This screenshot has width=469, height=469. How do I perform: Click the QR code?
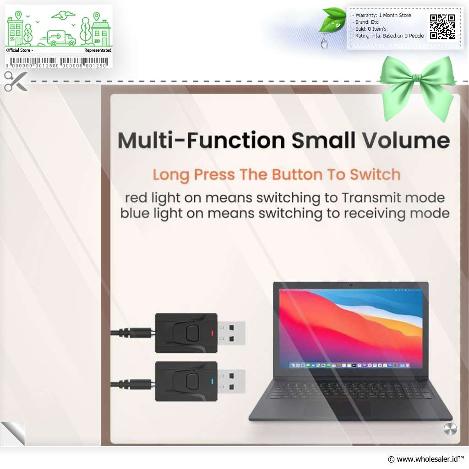click(442, 27)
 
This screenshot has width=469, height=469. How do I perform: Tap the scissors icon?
click(16, 81)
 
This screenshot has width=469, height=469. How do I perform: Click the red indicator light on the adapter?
click(213, 333)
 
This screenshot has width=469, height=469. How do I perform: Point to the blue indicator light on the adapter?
click(213, 382)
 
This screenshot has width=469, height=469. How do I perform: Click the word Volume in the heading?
click(406, 140)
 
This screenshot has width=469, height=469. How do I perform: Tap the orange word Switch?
click(375, 175)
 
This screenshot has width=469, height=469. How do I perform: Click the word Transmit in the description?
click(370, 198)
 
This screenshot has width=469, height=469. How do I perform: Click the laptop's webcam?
click(350, 285)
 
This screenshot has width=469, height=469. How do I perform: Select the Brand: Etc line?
click(367, 22)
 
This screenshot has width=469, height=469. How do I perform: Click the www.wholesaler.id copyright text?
click(425, 459)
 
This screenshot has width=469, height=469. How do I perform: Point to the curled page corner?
click(13, 434)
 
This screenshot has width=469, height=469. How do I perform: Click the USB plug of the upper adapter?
click(231, 333)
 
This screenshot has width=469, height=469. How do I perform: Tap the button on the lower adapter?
click(192, 381)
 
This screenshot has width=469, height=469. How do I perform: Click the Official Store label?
click(18, 50)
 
